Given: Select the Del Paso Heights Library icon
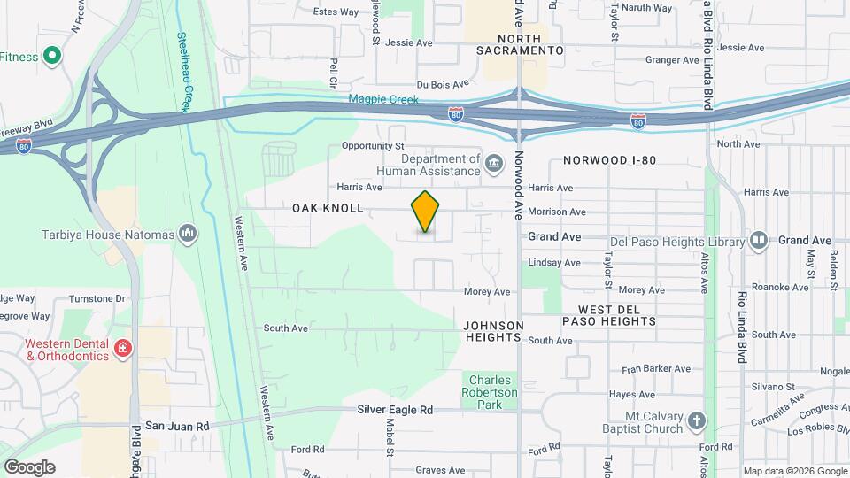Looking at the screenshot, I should pyautogui.click(x=759, y=240).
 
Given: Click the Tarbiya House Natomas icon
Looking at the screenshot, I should pyautogui.click(x=187, y=234).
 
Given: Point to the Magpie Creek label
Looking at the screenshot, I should pyautogui.click(x=382, y=99).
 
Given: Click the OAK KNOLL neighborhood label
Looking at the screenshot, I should pyautogui.click(x=328, y=208).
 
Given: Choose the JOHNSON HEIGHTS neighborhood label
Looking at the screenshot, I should pyautogui.click(x=493, y=331).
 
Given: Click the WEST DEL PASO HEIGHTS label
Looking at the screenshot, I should pyautogui.click(x=617, y=315).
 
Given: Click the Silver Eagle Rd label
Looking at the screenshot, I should pyautogui.click(x=395, y=410).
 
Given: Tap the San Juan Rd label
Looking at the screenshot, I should pyautogui.click(x=177, y=426).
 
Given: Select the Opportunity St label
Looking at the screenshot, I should pyautogui.click(x=372, y=145).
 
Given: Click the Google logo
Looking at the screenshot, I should pyautogui.click(x=29, y=466).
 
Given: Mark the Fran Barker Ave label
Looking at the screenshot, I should pyautogui.click(x=655, y=368).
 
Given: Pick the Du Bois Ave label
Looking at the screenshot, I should pyautogui.click(x=442, y=84).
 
